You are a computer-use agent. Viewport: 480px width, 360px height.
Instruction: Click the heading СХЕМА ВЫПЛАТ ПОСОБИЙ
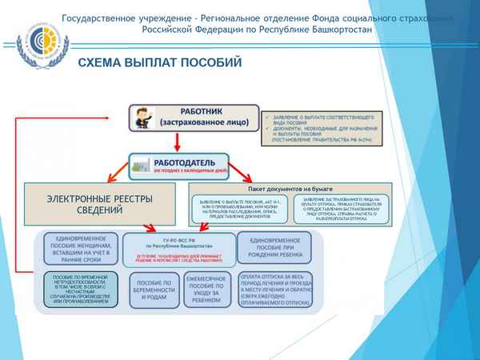pyautogui.click(x=160, y=62)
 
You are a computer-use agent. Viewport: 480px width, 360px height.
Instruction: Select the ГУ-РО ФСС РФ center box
pyautogui.click(x=179, y=247)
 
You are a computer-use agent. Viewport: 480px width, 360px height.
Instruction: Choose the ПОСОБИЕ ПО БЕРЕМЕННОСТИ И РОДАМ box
pyautogui.click(x=149, y=290)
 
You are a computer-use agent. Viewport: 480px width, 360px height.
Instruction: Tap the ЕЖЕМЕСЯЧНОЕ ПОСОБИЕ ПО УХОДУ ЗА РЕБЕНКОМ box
pyautogui.click(x=207, y=290)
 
